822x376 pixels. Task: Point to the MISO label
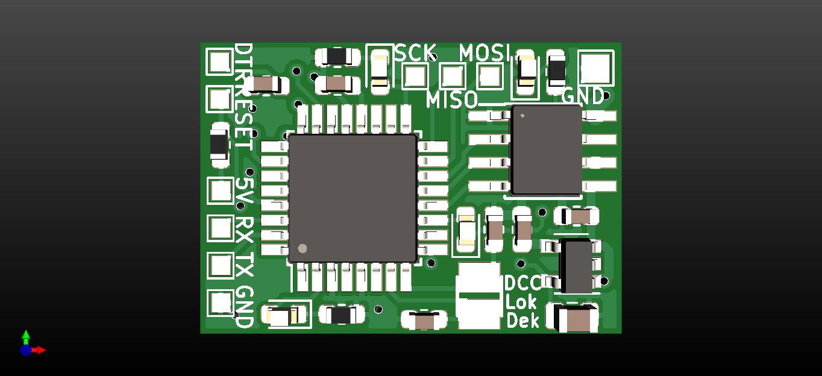pos(452,99)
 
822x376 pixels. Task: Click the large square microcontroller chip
pos(353,198)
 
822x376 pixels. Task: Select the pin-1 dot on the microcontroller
pos(303,248)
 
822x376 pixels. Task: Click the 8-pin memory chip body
pos(547,150)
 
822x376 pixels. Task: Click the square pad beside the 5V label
pos(220,191)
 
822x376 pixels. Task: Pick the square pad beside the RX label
pos(220,228)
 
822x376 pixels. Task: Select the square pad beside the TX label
pos(220,266)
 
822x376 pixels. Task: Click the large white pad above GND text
pos(595,67)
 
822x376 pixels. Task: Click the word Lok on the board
pos(521,302)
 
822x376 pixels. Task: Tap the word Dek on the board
pos(522,321)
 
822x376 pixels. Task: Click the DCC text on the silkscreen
pos(522,283)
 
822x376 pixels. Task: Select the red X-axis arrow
pos(40,350)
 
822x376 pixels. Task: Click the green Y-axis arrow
pos(26,336)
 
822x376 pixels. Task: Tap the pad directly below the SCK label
pos(415,76)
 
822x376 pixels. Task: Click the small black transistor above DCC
pos(577,265)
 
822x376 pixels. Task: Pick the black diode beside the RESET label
pos(219,145)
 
